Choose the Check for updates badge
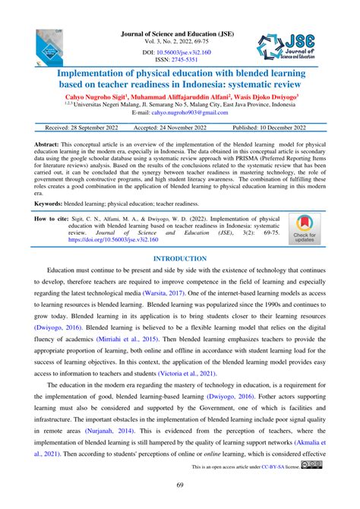[303, 229]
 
